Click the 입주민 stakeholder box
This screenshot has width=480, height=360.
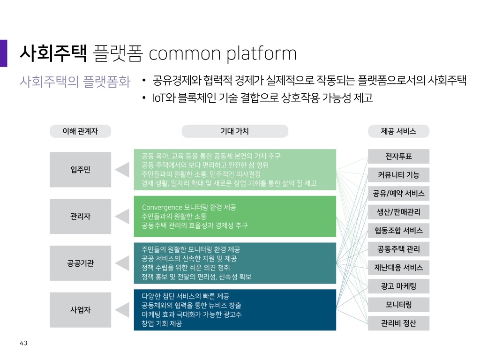(x=80, y=170)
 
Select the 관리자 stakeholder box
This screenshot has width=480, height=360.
(x=80, y=217)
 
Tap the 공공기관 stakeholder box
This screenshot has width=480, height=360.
(x=80, y=263)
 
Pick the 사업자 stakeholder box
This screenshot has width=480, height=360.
(x=80, y=310)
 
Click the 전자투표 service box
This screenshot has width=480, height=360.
(x=398, y=157)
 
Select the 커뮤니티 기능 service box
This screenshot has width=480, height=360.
(x=398, y=175)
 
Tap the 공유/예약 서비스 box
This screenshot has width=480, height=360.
(x=398, y=194)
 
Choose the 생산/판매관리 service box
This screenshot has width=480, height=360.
(x=398, y=212)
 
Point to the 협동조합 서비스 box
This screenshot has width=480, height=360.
(x=398, y=231)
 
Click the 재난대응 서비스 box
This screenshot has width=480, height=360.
(x=398, y=268)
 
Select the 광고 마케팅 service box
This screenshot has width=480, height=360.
(x=398, y=286)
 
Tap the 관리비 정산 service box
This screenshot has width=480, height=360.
(x=398, y=323)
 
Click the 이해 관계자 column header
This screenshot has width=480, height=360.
(x=80, y=131)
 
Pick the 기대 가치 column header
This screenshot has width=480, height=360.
(x=235, y=131)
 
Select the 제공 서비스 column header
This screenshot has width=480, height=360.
(x=398, y=131)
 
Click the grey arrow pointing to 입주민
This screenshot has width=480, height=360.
(x=122, y=170)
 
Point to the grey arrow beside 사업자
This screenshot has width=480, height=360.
(x=122, y=310)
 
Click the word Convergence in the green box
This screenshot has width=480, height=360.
(x=162, y=208)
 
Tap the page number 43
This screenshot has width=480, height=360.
(x=23, y=343)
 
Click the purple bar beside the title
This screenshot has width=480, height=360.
(x=3, y=53)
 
